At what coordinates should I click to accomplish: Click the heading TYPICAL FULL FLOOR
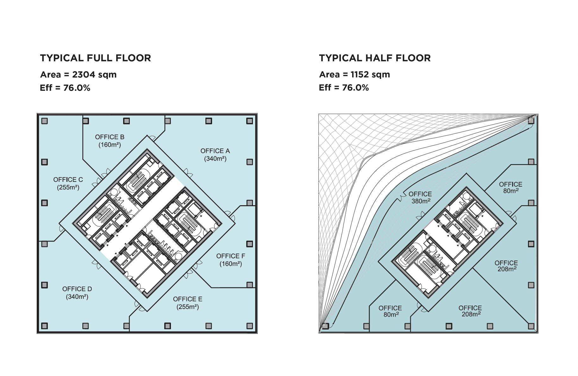point(95,58)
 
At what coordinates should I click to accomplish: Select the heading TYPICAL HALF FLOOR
point(375,58)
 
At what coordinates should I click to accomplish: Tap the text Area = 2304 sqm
point(78,75)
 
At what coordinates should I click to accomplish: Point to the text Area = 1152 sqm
point(355,75)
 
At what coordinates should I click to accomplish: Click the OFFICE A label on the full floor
point(215,155)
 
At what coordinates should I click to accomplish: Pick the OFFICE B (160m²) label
point(110,141)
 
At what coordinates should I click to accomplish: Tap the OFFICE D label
point(77,293)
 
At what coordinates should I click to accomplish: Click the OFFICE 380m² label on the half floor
point(420,198)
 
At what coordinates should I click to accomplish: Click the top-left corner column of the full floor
point(45,121)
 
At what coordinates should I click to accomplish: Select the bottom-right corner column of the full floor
point(250,326)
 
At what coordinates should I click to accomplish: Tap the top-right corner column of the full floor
point(250,121)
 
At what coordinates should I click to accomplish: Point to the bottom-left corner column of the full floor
point(45,326)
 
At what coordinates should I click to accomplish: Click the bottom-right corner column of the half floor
point(531,326)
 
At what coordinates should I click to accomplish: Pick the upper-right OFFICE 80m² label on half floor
point(511,188)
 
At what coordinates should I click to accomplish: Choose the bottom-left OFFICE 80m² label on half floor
point(390,311)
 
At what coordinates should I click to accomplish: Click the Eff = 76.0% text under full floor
point(65,88)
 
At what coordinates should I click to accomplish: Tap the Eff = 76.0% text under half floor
point(344,88)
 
